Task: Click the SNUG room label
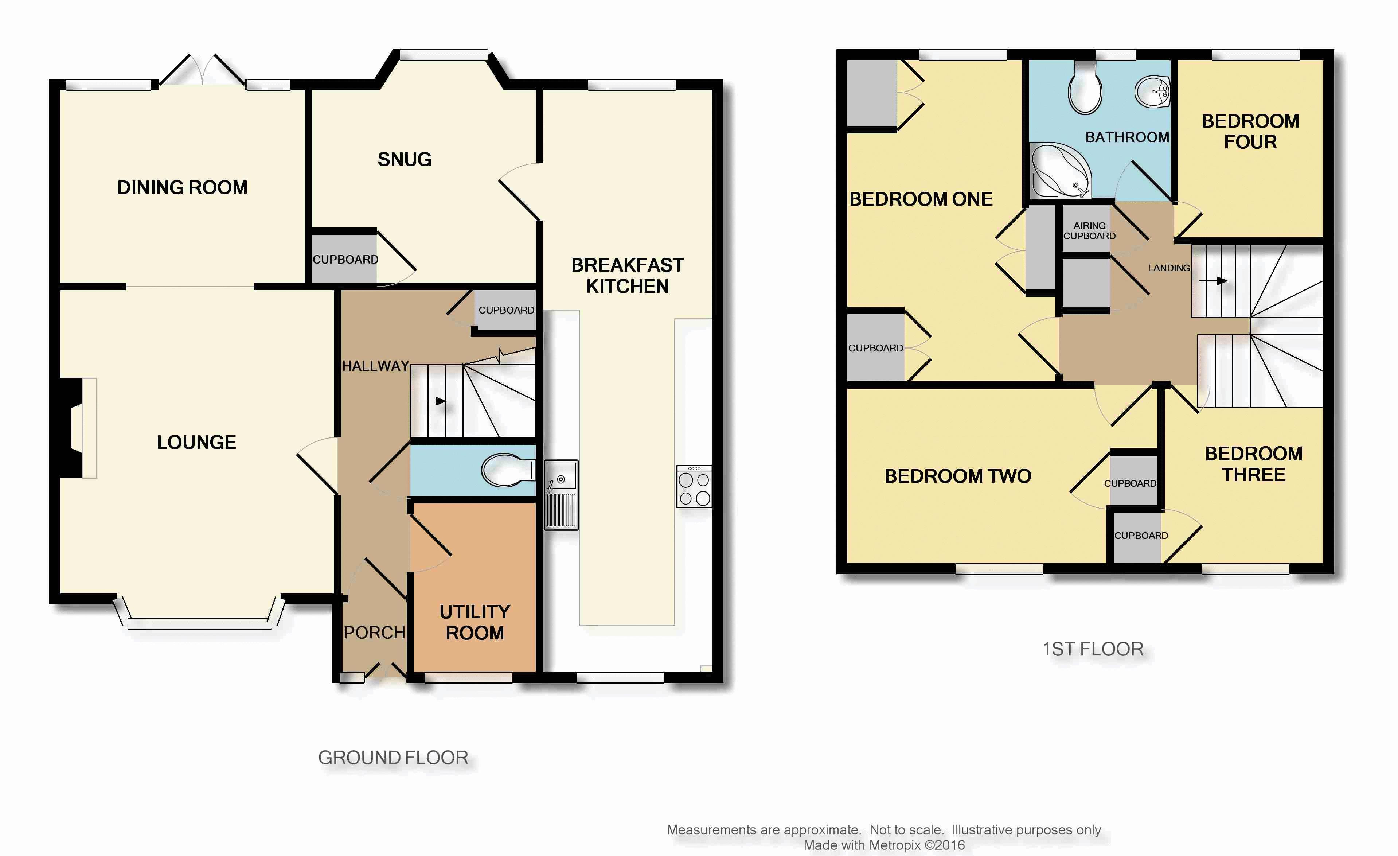[x=405, y=160]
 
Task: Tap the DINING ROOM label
[x=182, y=187]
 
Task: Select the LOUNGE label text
[x=196, y=442]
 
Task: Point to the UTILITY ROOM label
[x=475, y=622]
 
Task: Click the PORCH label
[x=375, y=633]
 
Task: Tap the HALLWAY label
[x=376, y=366]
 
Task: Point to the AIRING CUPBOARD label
[x=1089, y=230]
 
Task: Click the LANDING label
[x=1169, y=268]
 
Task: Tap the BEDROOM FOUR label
[x=1250, y=131]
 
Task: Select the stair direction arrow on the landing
[x=1213, y=280]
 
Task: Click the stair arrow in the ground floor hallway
[x=431, y=401]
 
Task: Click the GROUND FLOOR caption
[x=393, y=758]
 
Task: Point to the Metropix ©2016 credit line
[x=884, y=845]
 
